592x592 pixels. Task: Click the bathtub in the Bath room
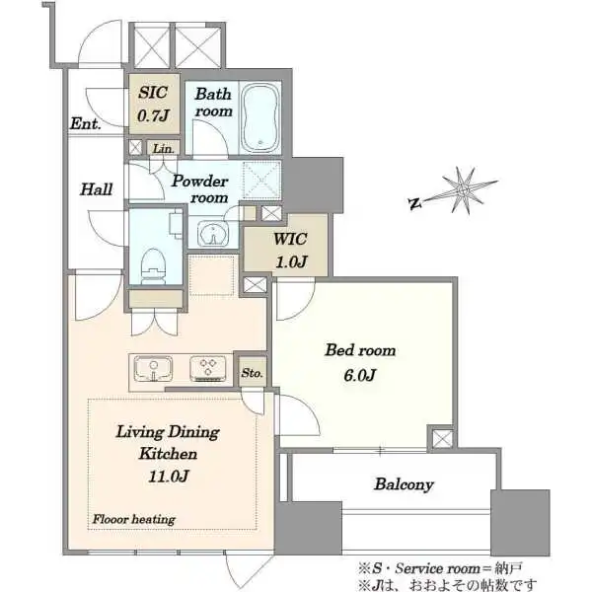260,117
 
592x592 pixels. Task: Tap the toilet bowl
154,265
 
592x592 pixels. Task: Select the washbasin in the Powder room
213,233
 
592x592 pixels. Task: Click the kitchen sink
153,368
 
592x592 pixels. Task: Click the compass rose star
464,189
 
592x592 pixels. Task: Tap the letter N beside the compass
414,204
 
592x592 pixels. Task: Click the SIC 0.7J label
153,105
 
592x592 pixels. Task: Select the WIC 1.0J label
290,250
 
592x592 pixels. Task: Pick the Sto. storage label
252,373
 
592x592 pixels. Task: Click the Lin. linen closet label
164,149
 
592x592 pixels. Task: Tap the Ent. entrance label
86,123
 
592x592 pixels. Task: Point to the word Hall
97,189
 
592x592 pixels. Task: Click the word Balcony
404,484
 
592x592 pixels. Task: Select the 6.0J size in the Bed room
360,375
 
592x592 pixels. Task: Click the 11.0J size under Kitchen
169,477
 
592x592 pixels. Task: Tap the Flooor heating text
134,520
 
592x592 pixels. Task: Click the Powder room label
200,189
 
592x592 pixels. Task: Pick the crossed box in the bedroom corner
442,439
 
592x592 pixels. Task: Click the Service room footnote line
441,568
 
